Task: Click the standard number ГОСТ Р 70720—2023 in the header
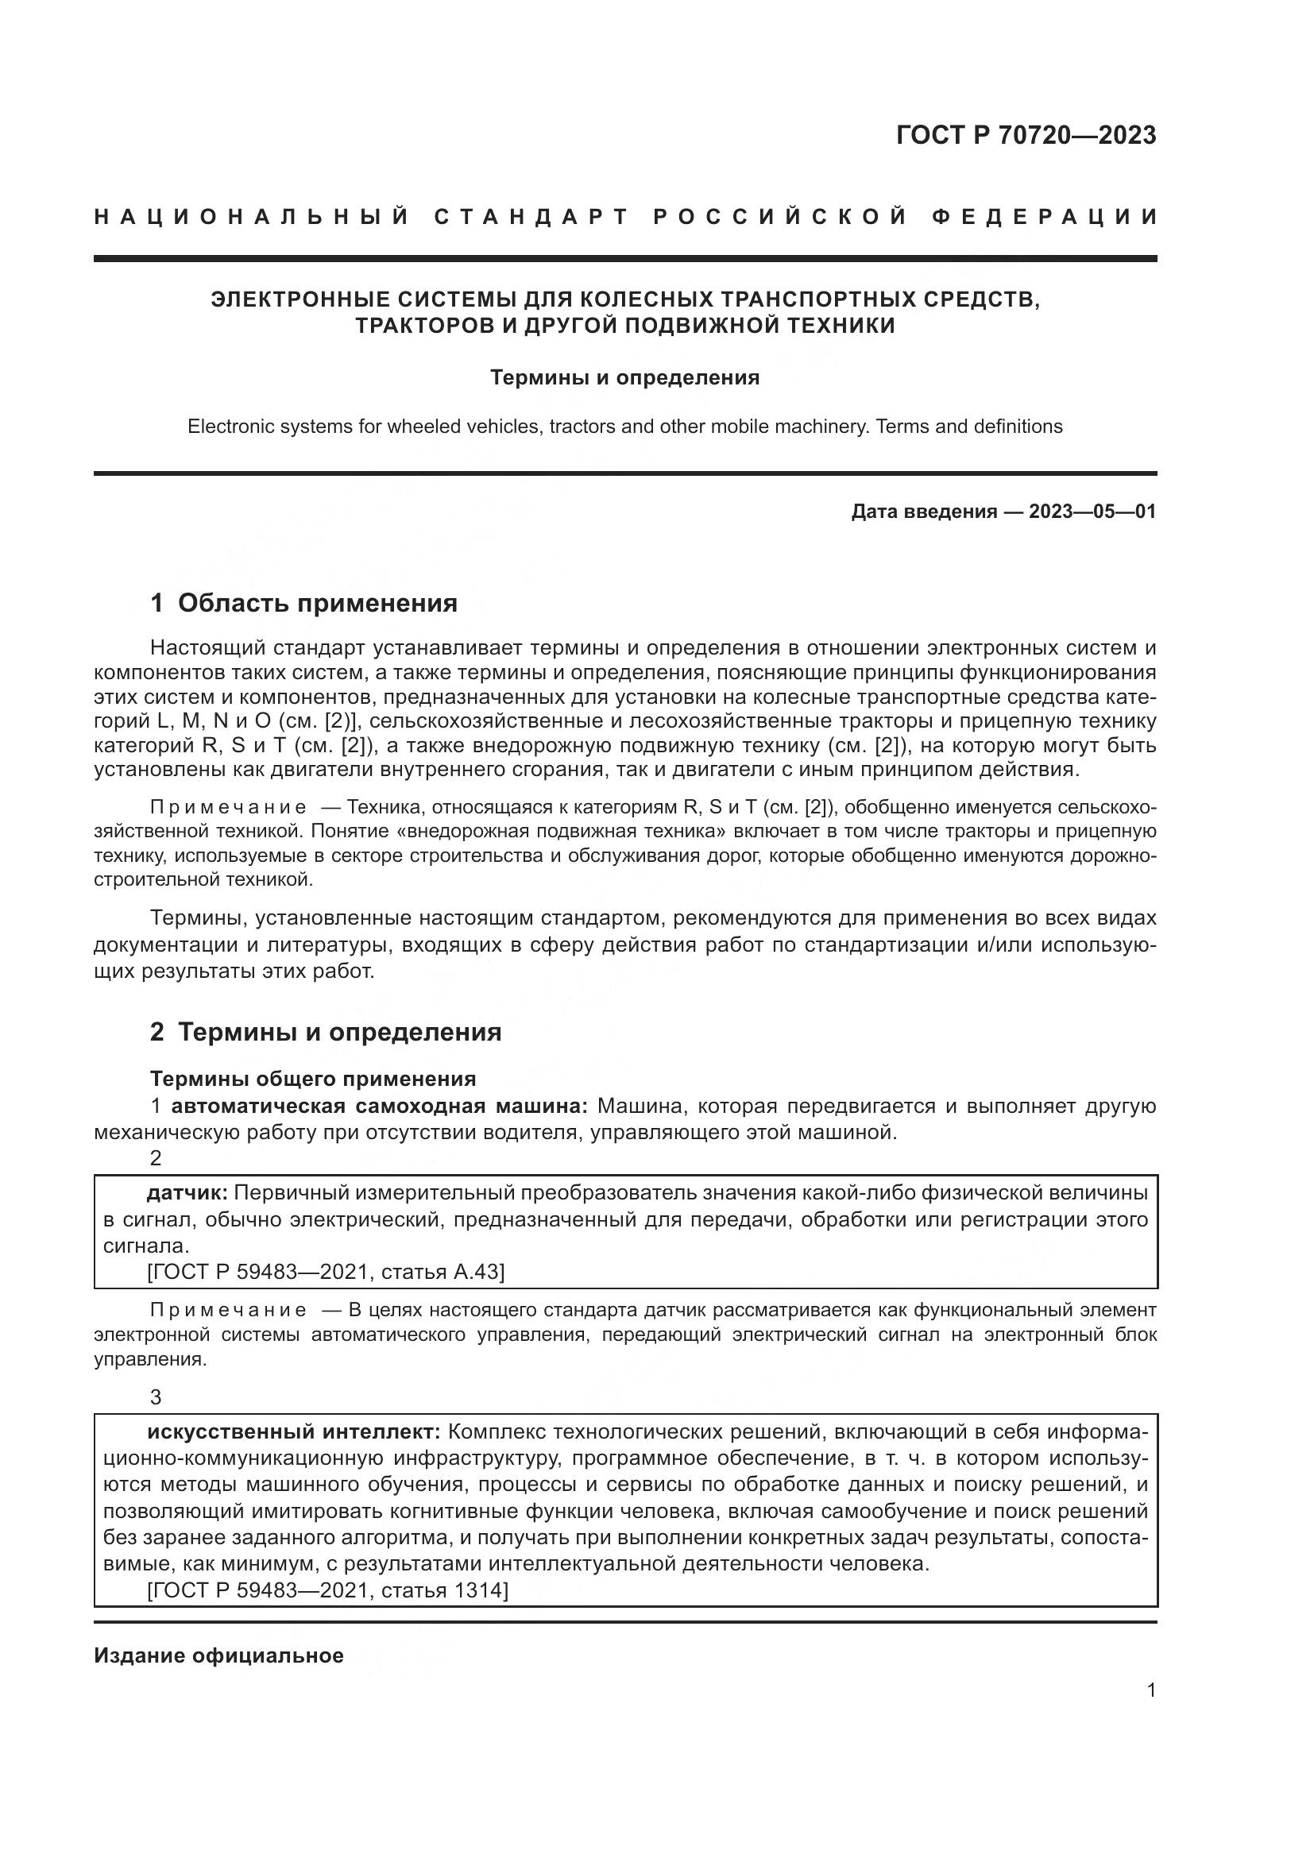[1026, 135]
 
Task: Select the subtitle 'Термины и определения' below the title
[624, 378]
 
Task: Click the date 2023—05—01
[1092, 512]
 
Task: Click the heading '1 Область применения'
[304, 603]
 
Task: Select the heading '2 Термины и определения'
[326, 1032]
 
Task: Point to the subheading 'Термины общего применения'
[313, 1079]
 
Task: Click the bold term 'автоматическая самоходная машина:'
[380, 1107]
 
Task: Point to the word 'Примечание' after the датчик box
[228, 1310]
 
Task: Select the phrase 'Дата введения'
[923, 512]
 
